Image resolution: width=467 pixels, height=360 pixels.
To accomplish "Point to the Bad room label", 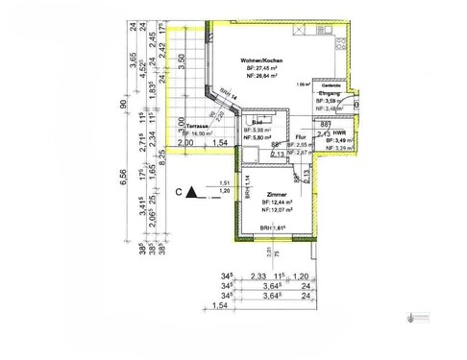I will coord(258,123).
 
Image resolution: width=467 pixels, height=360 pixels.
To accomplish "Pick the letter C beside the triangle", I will coord(179,193).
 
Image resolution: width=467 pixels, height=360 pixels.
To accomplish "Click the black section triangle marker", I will coord(192,193).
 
